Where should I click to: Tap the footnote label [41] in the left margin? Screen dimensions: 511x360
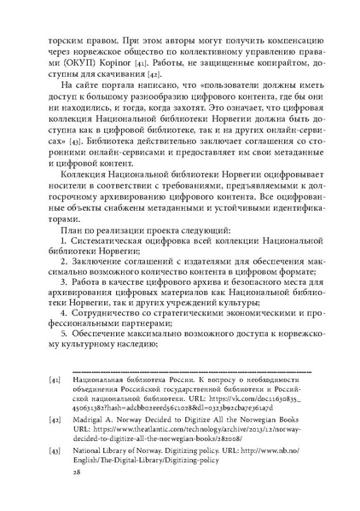[55, 422]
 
